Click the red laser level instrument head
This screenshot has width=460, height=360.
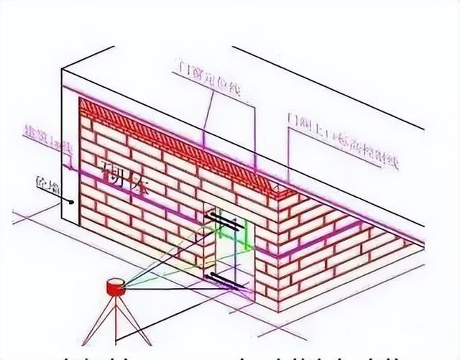[115, 285]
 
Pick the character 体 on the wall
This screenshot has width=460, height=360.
[137, 189]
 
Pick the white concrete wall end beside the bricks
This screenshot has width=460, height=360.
[70, 158]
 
